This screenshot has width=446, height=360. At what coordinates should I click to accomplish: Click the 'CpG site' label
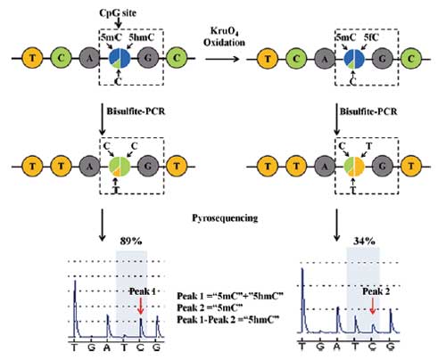click(x=118, y=12)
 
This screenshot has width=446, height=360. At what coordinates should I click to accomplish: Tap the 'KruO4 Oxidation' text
click(x=224, y=37)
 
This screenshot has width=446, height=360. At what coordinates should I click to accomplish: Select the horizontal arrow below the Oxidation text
click(x=222, y=59)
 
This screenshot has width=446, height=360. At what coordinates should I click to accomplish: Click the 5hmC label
click(x=141, y=37)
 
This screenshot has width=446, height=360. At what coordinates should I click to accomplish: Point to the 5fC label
click(x=371, y=37)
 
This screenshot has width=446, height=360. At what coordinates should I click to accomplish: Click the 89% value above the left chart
click(x=131, y=241)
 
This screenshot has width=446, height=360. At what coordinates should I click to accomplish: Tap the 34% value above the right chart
click(x=364, y=241)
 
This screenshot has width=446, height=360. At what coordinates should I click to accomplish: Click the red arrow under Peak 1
click(x=141, y=307)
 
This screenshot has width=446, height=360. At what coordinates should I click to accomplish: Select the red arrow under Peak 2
click(x=373, y=307)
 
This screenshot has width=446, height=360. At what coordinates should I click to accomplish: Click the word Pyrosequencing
click(x=225, y=218)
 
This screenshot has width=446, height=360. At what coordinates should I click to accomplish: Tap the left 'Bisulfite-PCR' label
click(x=136, y=111)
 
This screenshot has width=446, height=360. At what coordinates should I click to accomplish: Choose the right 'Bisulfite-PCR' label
click(x=368, y=111)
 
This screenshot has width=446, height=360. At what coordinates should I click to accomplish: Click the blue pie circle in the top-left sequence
click(x=120, y=58)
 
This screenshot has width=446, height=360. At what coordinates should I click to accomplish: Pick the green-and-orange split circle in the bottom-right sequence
click(x=354, y=167)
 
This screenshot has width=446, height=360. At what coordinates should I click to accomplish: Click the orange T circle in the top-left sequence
click(x=32, y=58)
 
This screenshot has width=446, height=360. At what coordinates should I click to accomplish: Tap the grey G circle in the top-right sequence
click(x=383, y=59)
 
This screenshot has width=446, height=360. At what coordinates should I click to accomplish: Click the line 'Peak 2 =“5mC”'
click(x=210, y=307)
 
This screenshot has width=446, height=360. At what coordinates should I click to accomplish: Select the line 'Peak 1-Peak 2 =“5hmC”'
click(x=228, y=320)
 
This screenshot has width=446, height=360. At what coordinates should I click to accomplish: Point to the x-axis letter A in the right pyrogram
click(x=337, y=346)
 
